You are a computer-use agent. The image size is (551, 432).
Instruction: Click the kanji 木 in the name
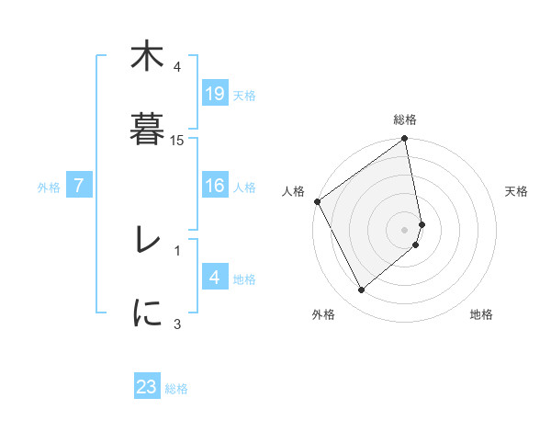coord(146,58)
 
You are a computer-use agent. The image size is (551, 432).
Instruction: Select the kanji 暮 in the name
coord(146,129)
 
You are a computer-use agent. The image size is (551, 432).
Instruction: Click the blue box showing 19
coord(214,94)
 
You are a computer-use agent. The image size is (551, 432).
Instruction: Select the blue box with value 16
coord(214,187)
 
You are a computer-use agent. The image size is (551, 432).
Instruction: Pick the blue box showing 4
coord(214,279)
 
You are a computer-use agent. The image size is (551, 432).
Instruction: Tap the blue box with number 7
coord(80,187)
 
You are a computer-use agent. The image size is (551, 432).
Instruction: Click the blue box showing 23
coord(147,387)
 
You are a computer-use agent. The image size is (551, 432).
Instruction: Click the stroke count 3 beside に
coord(177,324)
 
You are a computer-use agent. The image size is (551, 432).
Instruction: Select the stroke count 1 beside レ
coord(177,249)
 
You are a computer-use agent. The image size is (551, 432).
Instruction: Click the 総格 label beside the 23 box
coord(176,389)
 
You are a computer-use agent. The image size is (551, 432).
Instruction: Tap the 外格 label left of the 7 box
coord(49,188)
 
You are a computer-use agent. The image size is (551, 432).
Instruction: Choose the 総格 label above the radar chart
coord(405,119)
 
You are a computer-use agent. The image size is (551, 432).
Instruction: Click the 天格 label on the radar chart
coord(517,191)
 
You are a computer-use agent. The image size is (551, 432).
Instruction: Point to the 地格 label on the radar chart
coord(481,315)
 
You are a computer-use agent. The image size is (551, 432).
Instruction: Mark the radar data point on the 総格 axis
coord(405,140)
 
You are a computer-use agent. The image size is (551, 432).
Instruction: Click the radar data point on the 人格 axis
coord(317,201)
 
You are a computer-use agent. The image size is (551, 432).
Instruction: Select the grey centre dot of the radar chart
coord(405,229)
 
